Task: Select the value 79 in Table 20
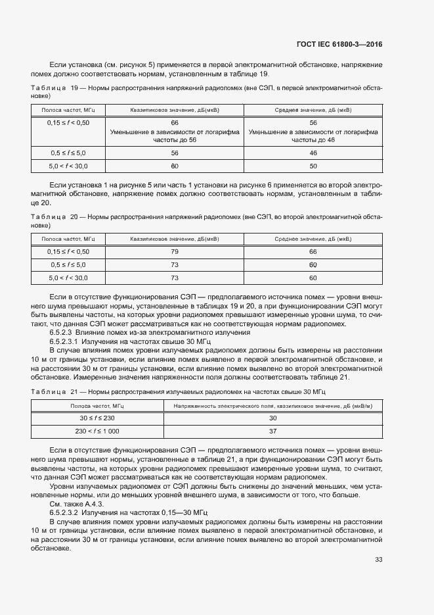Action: [175, 251]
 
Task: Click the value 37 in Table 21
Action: [272, 431]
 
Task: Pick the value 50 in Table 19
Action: [313, 166]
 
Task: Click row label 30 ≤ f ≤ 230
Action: [97, 418]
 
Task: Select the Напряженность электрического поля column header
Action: [272, 406]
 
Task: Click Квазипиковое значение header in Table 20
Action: [175, 239]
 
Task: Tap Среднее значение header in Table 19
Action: [313, 110]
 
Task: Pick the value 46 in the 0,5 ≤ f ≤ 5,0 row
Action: [313, 152]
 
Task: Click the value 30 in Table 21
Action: [272, 418]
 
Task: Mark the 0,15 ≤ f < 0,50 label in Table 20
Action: [68, 251]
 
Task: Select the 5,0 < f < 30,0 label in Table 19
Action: [68, 166]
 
